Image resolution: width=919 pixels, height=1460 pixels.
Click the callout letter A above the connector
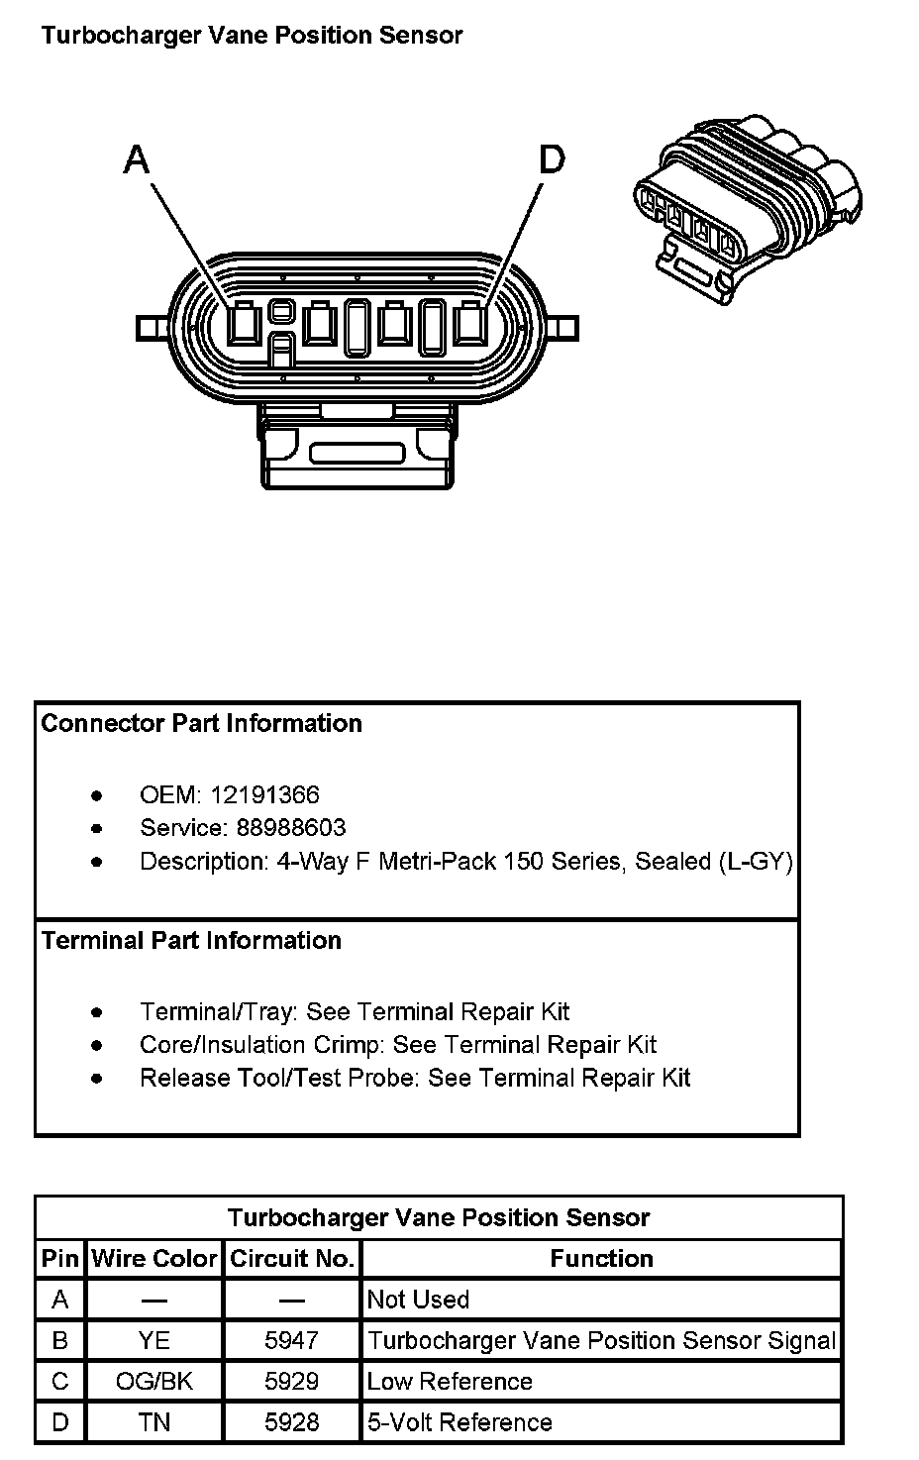[x=137, y=159]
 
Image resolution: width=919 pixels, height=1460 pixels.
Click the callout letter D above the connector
[x=551, y=159]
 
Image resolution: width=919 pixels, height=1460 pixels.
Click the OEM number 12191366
[x=264, y=794]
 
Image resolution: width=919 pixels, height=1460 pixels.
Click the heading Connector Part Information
[x=201, y=723]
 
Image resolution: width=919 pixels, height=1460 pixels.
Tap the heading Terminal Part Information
[x=191, y=940]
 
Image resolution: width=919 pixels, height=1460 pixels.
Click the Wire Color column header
[x=154, y=1258]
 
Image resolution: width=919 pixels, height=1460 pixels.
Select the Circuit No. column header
[x=292, y=1258]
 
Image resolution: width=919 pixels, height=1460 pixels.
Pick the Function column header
[x=601, y=1258]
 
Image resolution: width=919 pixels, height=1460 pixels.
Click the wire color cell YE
[x=154, y=1340]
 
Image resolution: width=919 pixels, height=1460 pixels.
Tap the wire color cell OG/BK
[x=154, y=1381]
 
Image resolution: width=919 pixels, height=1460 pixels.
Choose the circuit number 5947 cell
[x=292, y=1340]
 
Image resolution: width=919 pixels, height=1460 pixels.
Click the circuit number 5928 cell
[x=292, y=1422]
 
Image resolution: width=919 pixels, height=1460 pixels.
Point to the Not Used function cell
[x=418, y=1299]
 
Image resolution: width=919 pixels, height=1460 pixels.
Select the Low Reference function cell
[x=450, y=1381]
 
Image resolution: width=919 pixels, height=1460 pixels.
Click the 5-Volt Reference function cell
[x=459, y=1422]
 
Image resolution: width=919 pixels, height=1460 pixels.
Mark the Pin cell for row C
[x=60, y=1381]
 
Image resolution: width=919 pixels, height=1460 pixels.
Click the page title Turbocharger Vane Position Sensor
[x=252, y=36]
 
